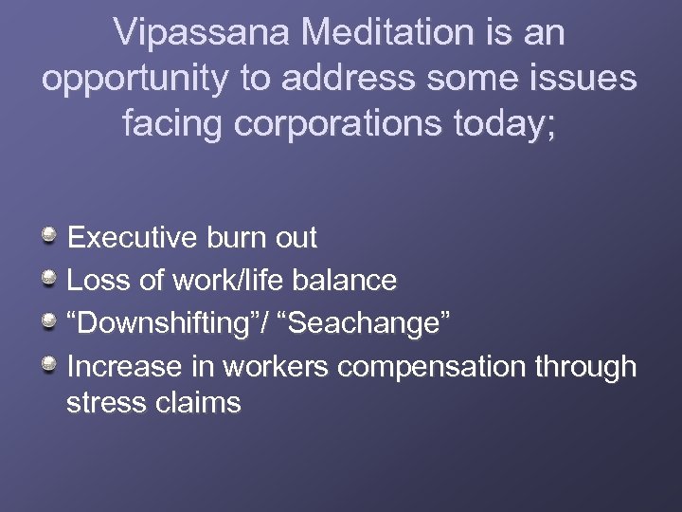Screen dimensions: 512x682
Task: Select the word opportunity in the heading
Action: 134,79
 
